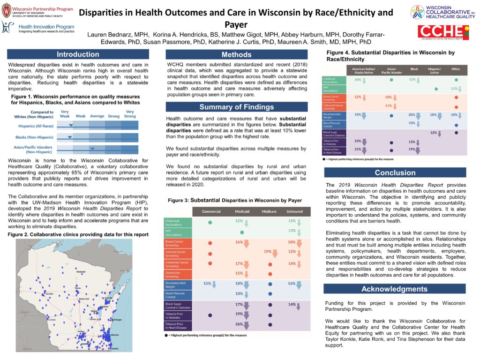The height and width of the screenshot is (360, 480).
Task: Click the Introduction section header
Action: click(x=78, y=54)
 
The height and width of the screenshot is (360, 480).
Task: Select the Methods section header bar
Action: click(x=236, y=55)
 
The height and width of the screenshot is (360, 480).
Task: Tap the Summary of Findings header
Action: click(x=236, y=107)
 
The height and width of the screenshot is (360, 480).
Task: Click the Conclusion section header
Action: click(x=395, y=172)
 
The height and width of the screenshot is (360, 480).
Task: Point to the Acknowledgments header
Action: click(x=395, y=289)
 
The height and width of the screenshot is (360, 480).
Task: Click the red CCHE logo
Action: click(x=443, y=32)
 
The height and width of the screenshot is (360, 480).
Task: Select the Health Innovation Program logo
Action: click(x=40, y=29)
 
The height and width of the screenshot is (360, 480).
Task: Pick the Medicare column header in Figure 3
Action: click(x=269, y=211)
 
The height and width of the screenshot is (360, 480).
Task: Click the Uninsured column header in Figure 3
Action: click(x=295, y=211)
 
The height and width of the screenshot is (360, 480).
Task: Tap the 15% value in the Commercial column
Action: click(x=207, y=284)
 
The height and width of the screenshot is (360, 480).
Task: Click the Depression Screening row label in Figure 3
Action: click(x=176, y=274)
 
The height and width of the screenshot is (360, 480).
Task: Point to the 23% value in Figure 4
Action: click(x=358, y=141)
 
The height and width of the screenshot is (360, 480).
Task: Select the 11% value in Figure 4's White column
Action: click(x=453, y=89)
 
